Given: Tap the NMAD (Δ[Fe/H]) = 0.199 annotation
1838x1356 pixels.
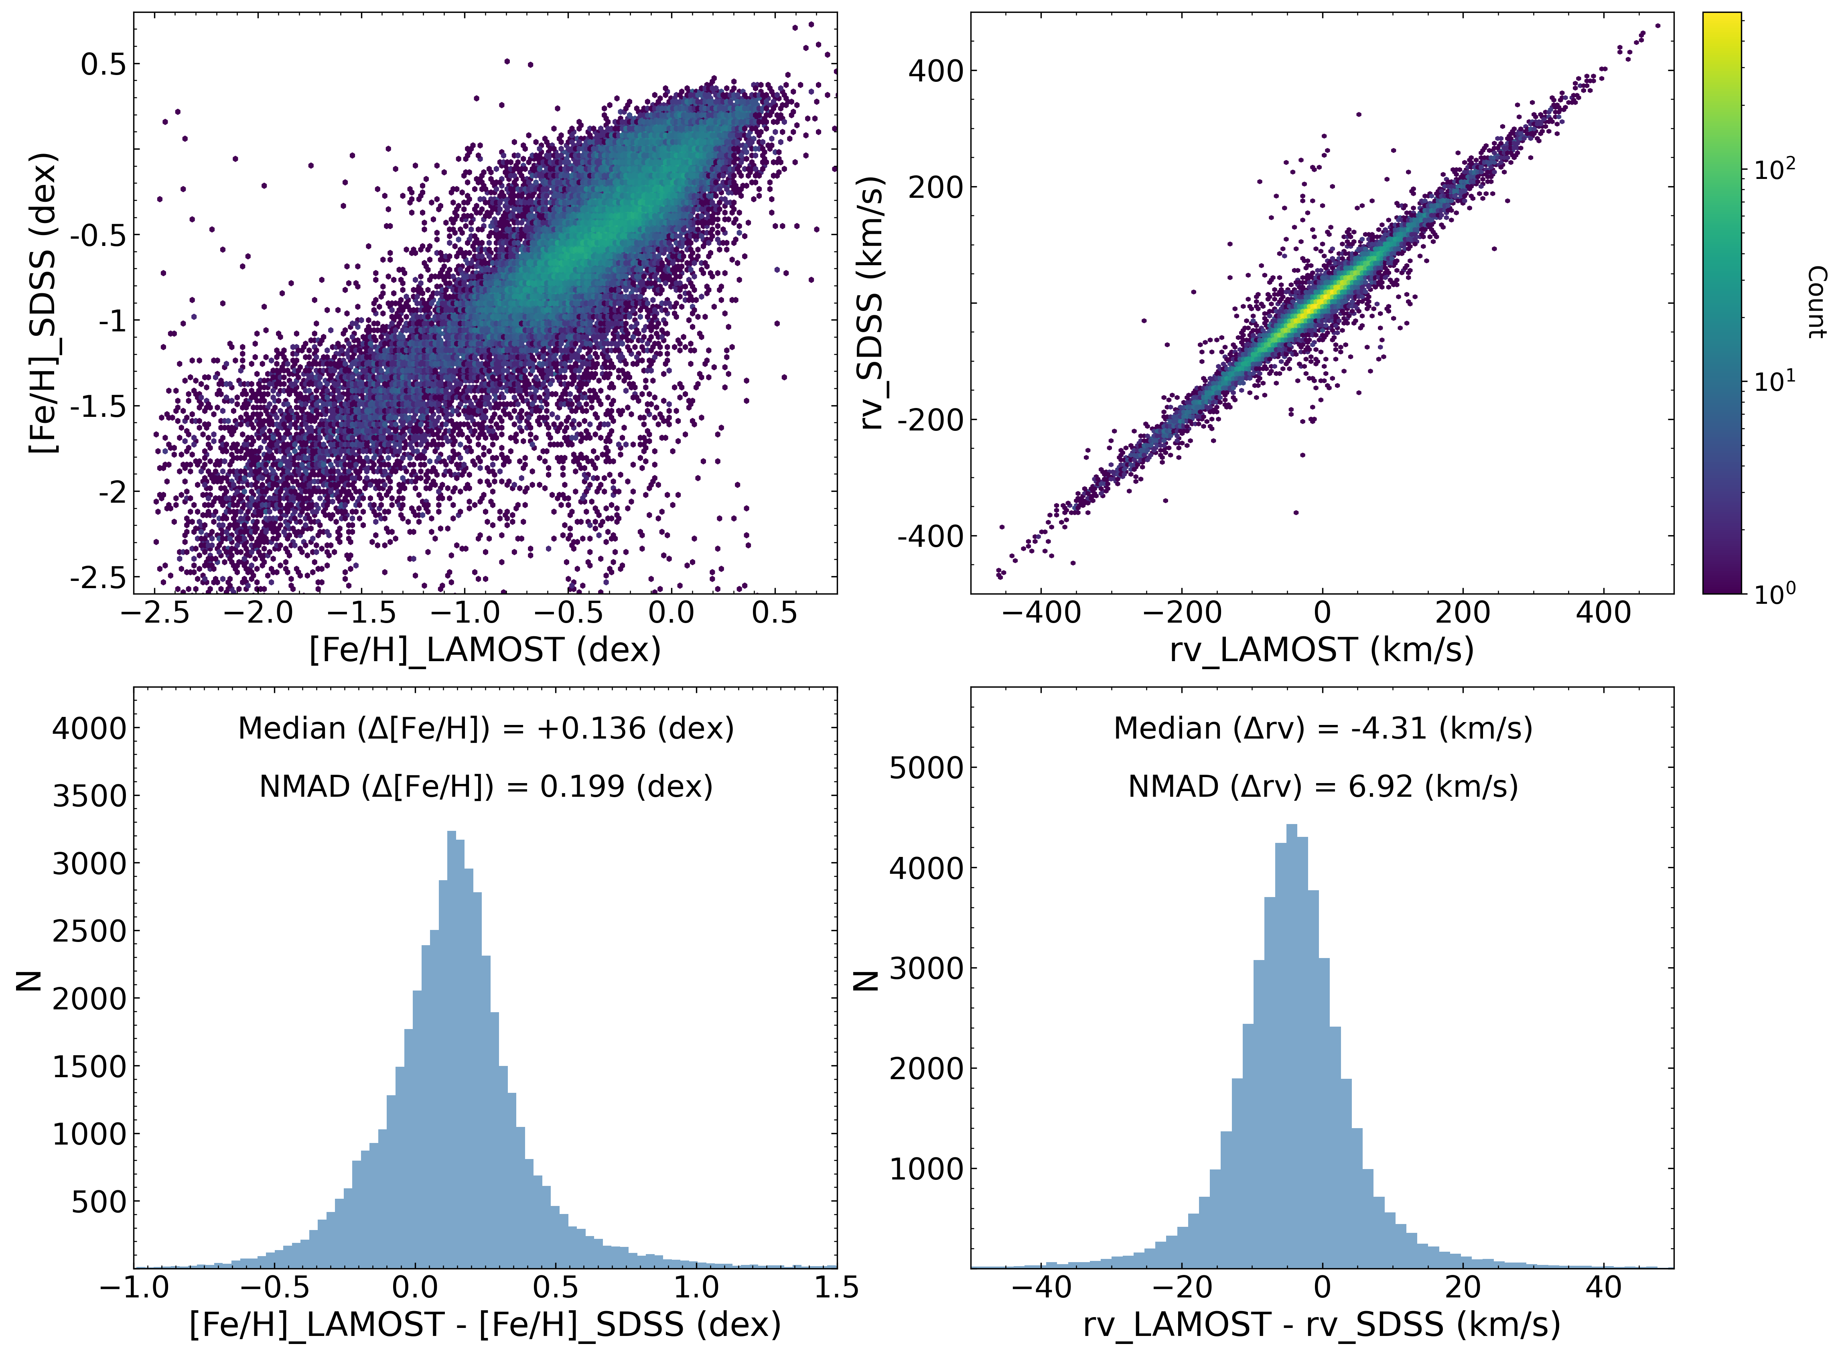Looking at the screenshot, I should click(486, 786).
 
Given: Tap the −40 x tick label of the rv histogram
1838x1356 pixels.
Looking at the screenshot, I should click(1041, 1286).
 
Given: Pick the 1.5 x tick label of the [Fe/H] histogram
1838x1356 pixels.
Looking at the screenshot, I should click(836, 1286).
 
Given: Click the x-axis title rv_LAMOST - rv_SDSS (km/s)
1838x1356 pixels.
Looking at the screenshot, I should click(1322, 1324).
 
